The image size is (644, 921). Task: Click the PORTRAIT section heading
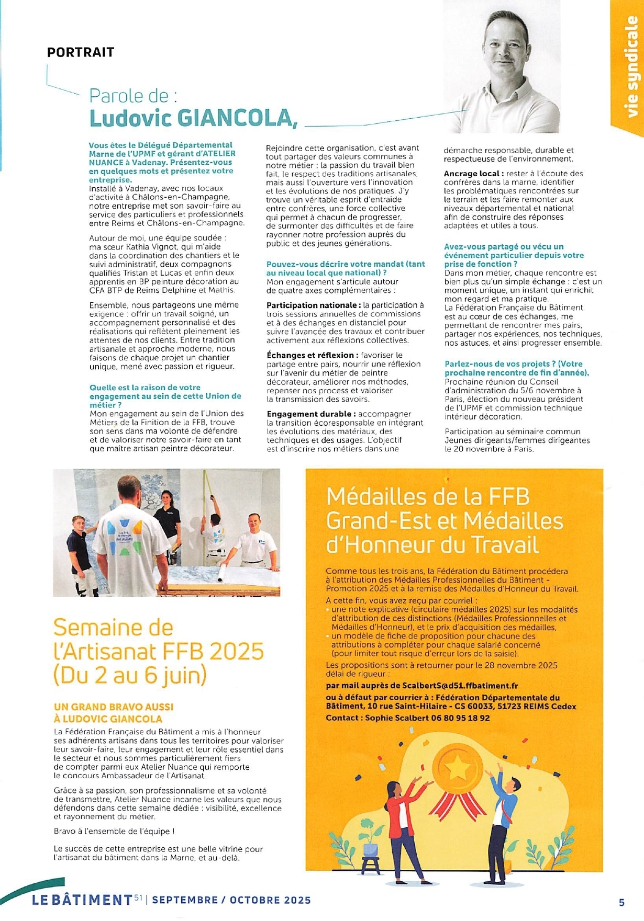click(81, 52)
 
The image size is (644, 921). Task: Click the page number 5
click(621, 902)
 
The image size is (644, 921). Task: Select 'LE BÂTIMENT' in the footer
click(82, 900)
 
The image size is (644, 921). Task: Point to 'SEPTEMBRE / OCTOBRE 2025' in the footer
click(231, 900)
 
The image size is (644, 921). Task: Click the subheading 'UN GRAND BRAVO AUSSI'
click(114, 707)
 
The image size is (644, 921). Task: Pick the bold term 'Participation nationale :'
click(313, 305)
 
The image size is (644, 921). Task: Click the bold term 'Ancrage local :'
click(474, 173)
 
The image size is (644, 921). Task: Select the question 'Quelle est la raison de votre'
click(145, 388)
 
